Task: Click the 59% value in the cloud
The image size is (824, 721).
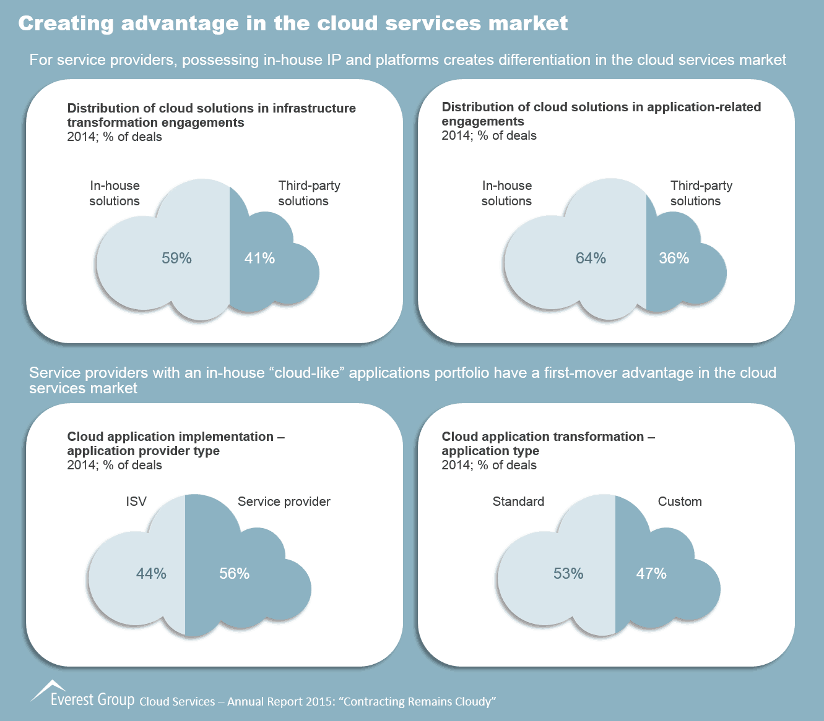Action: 176,258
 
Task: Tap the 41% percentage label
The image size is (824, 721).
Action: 259,258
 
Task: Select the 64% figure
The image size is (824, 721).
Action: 591,258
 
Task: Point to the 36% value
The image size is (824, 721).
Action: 674,258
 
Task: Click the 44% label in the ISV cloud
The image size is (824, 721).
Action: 151,574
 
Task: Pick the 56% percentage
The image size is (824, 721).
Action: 234,574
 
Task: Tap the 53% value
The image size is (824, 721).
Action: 568,574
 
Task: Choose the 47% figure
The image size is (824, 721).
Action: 651,574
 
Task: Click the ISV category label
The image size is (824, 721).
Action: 136,501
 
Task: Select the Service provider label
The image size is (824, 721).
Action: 284,501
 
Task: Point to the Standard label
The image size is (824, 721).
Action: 518,501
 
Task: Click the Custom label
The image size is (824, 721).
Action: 680,501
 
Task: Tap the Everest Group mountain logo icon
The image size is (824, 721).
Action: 48,689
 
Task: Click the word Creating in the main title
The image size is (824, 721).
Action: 66,23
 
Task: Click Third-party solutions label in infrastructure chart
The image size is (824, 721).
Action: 308,193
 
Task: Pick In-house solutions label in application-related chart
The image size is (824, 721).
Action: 506,193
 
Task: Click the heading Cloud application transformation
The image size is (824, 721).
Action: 548,437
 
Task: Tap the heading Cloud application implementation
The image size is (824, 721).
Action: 176,437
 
